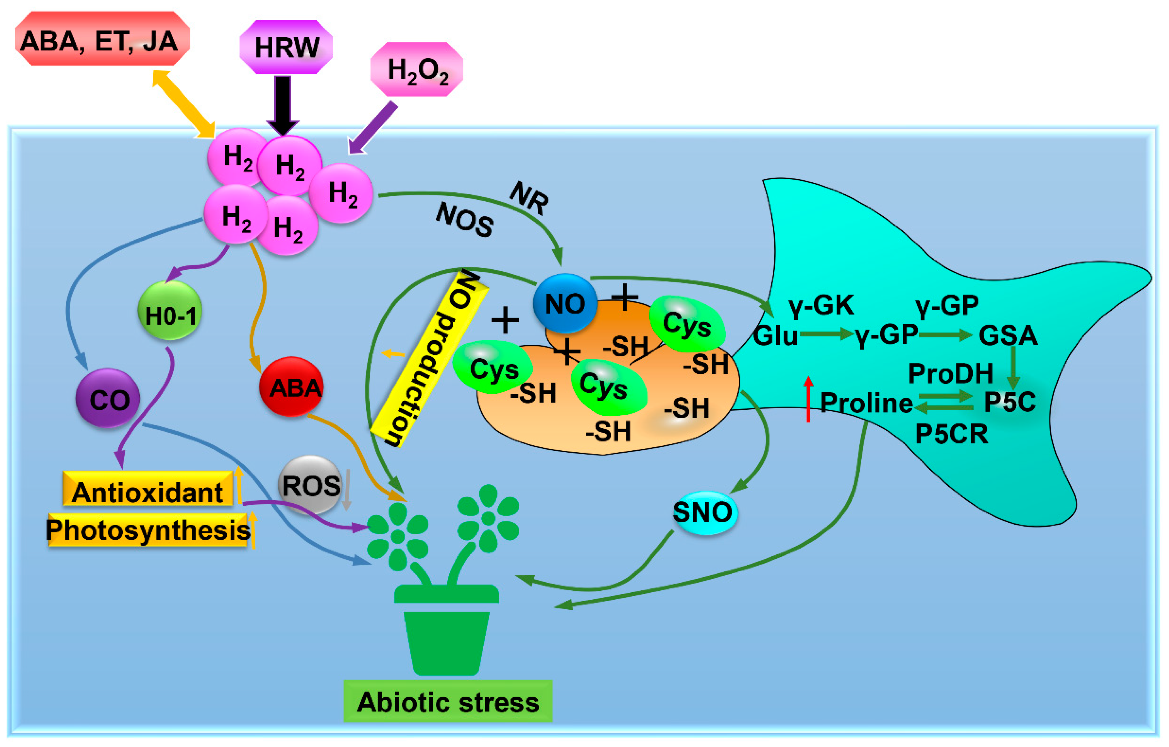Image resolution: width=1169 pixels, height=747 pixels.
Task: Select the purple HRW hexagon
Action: click(286, 47)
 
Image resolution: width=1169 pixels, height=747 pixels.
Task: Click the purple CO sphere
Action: click(108, 398)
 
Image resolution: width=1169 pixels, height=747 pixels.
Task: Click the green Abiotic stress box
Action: click(448, 701)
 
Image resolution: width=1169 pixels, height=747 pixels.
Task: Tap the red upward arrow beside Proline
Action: click(808, 399)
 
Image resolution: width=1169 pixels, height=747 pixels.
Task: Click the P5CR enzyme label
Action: click(952, 434)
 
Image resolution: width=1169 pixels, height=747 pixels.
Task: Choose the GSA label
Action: click(1008, 335)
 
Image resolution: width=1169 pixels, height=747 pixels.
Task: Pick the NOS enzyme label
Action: click(465, 220)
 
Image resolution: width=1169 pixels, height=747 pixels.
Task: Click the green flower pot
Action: click(447, 631)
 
